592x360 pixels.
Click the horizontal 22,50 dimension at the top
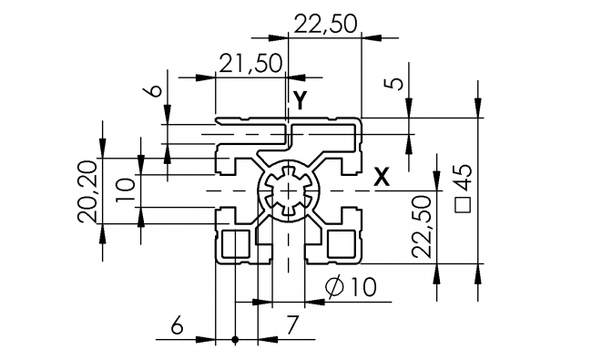pos(324,25)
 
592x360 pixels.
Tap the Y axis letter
pos(301,101)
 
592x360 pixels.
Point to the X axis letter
pos(383,178)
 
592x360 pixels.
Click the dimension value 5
pos(393,85)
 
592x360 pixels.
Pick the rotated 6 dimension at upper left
pos(154,89)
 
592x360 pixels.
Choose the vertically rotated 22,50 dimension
pos(420,227)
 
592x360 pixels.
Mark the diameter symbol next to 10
pos(333,287)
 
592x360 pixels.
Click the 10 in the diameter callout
pos(362,287)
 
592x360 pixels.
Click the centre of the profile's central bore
pos(290,190)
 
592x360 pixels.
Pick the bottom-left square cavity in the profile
pos(236,243)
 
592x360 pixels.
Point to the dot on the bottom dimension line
pos(235,340)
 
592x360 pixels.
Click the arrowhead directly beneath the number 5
pos(407,111)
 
